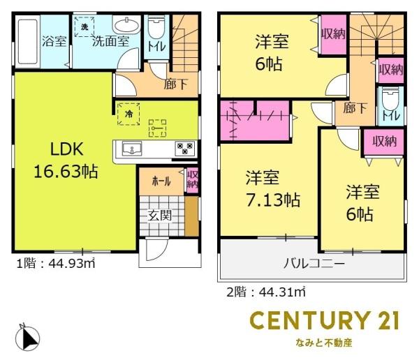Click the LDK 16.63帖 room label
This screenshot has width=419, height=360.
click(x=66, y=160)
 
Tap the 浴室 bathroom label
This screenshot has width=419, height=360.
click(x=53, y=40)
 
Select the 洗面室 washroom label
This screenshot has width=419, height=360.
click(x=111, y=41)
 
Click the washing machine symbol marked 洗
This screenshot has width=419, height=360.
click(x=84, y=27)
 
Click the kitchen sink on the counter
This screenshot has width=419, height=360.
click(x=132, y=148)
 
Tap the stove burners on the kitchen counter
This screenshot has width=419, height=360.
click(x=184, y=148)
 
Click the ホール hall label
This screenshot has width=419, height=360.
click(x=161, y=181)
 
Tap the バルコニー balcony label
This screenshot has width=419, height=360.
click(x=314, y=264)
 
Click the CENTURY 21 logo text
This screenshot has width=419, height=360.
click(x=325, y=321)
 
